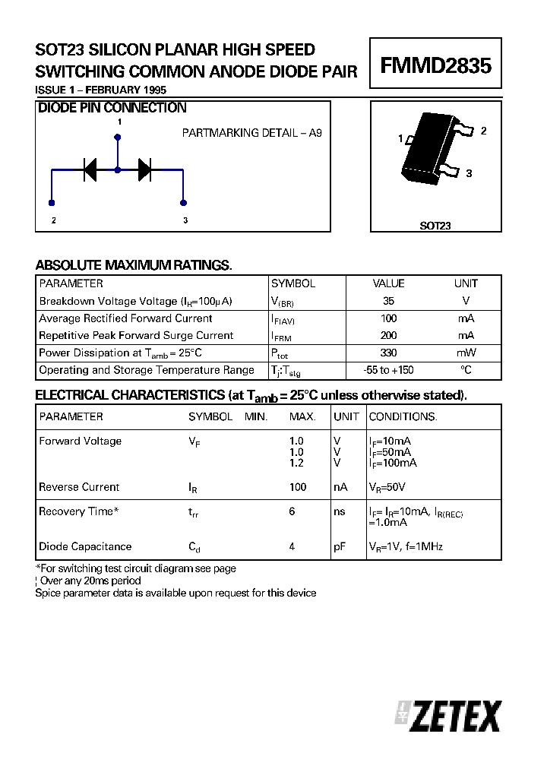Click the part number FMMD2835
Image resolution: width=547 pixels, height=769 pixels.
(x=435, y=66)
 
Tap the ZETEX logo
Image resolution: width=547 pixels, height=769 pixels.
(x=448, y=716)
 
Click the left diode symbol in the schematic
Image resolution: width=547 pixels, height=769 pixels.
(x=90, y=170)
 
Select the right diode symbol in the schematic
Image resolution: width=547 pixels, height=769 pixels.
(x=144, y=170)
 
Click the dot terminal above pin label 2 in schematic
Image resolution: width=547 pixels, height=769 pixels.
(x=52, y=203)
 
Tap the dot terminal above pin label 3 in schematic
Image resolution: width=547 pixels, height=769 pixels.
(x=183, y=203)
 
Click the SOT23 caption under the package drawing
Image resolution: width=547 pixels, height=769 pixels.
(x=435, y=226)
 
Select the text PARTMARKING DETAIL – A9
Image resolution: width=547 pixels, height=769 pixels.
(x=252, y=133)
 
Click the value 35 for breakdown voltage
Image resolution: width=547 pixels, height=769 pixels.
(x=389, y=301)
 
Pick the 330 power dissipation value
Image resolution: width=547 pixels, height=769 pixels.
(x=388, y=353)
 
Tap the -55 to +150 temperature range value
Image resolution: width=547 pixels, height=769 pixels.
(x=389, y=370)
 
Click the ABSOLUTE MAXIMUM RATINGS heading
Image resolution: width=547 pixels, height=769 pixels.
(x=134, y=265)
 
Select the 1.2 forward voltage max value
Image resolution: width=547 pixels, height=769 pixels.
(x=296, y=463)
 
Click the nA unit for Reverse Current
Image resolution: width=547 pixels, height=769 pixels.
(x=340, y=487)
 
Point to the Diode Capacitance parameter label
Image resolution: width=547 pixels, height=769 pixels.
(x=85, y=546)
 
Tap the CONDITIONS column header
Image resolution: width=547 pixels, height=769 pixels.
(x=403, y=416)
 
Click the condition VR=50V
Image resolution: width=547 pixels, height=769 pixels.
(x=387, y=487)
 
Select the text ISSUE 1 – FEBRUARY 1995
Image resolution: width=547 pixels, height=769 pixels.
(x=101, y=90)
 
